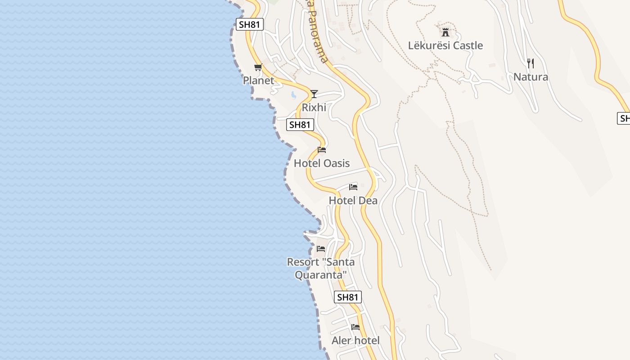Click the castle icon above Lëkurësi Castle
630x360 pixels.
pos(445,32)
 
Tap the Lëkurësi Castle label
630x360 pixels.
pos(445,45)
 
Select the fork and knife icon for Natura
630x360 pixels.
pos(531,63)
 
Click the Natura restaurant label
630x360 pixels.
pos(531,77)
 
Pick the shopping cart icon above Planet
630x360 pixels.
pos(258,67)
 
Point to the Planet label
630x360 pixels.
pos(258,81)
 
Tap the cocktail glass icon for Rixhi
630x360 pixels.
pos(314,94)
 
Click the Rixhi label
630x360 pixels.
pos(314,108)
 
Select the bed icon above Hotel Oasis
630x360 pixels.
pos(322,150)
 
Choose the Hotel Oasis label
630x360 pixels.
pos(322,163)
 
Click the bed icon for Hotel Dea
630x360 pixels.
pos(353,187)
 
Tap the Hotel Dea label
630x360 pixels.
pos(353,200)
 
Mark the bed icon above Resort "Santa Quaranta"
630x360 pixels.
pos(321,248)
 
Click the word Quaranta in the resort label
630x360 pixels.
pos(321,274)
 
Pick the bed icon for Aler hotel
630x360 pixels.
pos(355,327)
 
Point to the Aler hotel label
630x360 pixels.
pos(355,341)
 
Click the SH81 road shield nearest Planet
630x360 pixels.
pos(250,24)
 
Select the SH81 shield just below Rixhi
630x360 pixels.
pos(300,125)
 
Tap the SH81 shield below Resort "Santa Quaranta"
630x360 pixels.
pos(348,297)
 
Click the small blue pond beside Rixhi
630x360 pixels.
pos(293,95)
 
